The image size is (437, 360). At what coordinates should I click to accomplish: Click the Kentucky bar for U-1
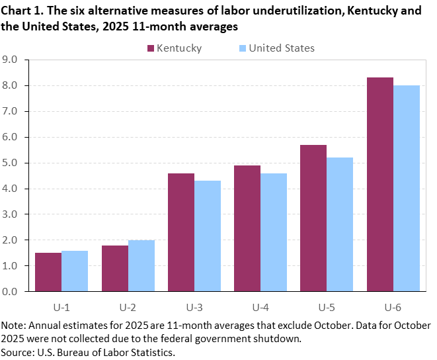tap(48, 272)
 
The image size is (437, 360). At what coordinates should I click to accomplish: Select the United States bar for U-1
tap(75, 271)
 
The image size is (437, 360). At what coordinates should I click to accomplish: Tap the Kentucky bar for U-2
tap(115, 268)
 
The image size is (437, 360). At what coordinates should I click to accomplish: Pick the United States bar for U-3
tap(208, 236)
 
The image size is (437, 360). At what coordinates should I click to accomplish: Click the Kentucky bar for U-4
tap(247, 228)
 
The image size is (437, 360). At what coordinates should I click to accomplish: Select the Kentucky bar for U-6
tap(379, 184)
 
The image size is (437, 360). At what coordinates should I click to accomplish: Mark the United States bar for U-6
tap(406, 188)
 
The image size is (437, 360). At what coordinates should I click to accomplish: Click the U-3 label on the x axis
tap(194, 308)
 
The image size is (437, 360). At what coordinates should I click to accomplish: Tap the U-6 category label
tap(393, 308)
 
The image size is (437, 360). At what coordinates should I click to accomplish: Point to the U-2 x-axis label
tap(128, 308)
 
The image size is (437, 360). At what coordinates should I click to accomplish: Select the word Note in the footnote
tap(13, 326)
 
